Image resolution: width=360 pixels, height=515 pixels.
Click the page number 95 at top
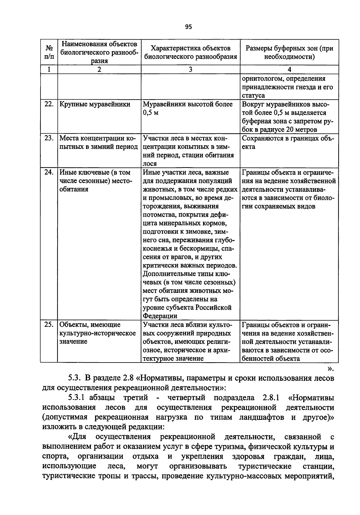pyautogui.click(x=188, y=27)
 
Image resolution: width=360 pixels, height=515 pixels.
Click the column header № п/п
pyautogui.click(x=49, y=52)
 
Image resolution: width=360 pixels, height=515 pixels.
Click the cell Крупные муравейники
pyautogui.click(x=95, y=104)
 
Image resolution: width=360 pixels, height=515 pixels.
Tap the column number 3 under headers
pyautogui.click(x=190, y=70)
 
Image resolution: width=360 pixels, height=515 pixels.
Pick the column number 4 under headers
pyautogui.click(x=289, y=70)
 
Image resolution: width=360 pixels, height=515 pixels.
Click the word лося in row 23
pyautogui.click(x=150, y=164)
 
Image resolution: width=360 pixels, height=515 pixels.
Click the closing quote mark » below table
pyautogui.click(x=331, y=368)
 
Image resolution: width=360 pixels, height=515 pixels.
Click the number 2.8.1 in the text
pyautogui.click(x=271, y=398)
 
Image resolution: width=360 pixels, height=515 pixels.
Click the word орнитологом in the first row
pyautogui.click(x=261, y=79)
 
